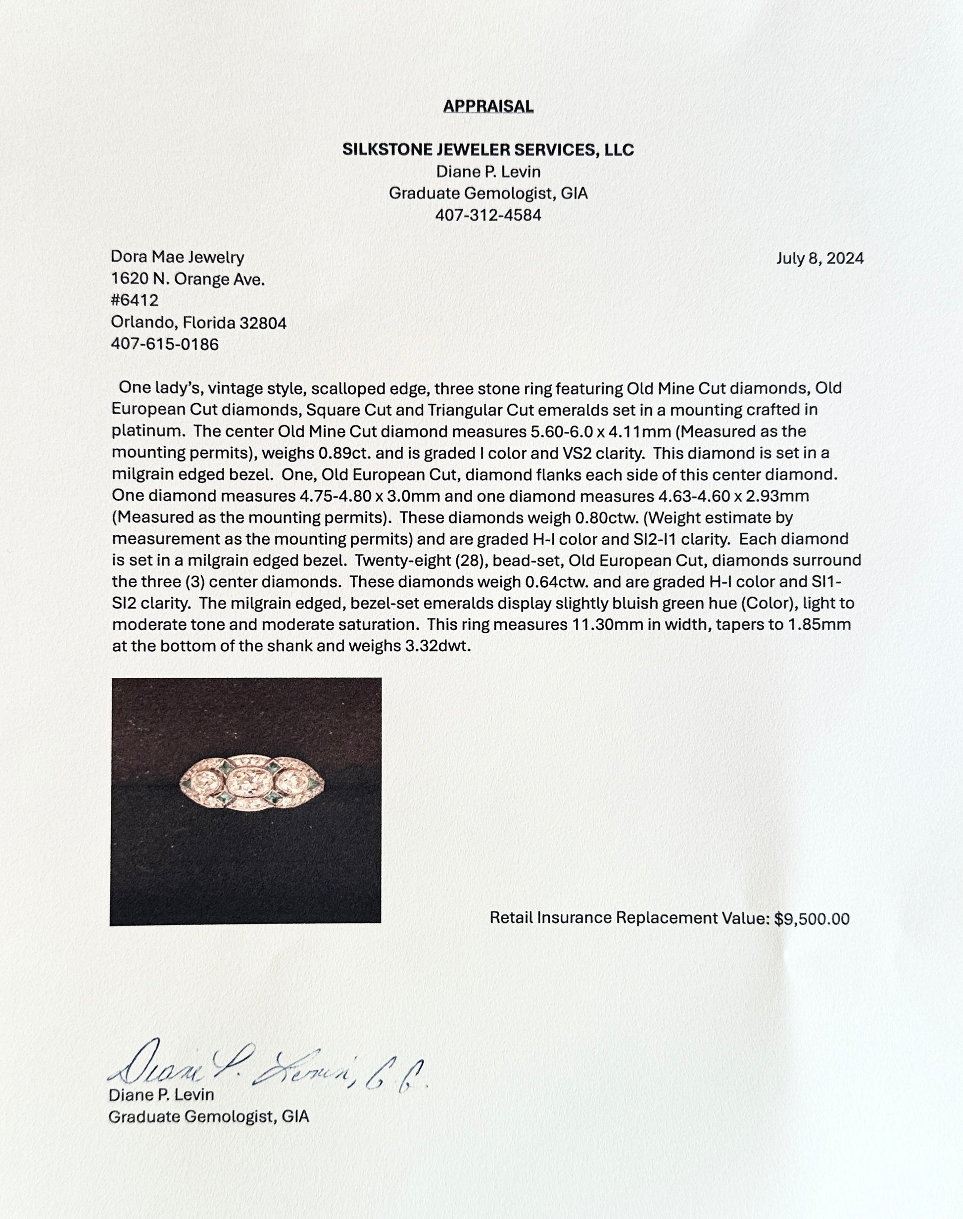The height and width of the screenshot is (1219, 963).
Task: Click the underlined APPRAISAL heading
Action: [488, 106]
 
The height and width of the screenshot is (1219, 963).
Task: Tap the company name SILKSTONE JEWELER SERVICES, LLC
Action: [488, 150]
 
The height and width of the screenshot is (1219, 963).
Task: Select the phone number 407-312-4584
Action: [488, 215]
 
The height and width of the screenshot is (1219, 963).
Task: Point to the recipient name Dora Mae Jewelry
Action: [178, 258]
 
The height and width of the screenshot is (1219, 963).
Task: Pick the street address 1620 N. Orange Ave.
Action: [188, 280]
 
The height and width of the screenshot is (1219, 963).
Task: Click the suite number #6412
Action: [135, 301]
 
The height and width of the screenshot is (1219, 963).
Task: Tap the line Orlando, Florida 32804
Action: [198, 323]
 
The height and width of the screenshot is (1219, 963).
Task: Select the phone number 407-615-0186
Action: [165, 344]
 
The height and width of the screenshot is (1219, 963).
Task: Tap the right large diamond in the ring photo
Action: [289, 780]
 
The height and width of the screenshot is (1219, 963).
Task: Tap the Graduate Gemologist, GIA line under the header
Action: [488, 194]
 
